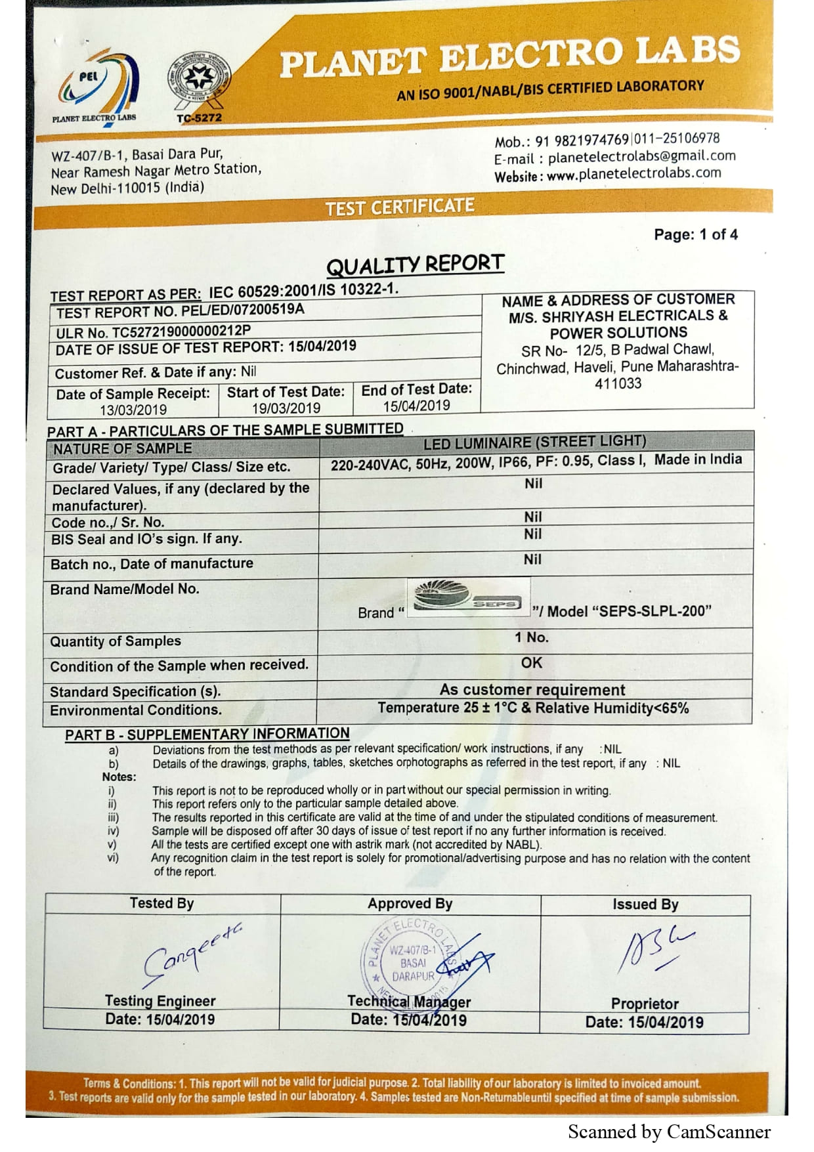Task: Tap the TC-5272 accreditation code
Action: [199, 118]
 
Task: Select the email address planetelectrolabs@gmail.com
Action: [641, 157]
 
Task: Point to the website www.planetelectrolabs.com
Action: [633, 174]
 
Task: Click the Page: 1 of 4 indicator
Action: [695, 234]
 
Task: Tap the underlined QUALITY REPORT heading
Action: [415, 265]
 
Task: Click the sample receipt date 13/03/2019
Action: [133, 410]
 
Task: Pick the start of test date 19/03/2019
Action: [286, 408]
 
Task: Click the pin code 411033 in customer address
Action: [618, 384]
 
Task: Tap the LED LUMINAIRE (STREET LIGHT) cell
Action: [534, 442]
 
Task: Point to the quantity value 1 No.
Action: [531, 637]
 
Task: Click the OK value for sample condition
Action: [531, 663]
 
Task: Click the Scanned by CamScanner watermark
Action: [668, 1132]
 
